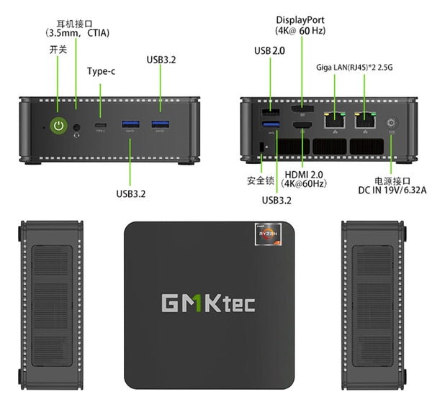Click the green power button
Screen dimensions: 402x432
tap(58, 126)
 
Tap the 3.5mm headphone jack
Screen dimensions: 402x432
tap(77, 127)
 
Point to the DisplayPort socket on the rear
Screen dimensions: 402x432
tap(300, 109)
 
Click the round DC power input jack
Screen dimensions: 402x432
tap(392, 123)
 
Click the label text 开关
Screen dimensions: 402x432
tap(58, 50)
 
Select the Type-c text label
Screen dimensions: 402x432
tap(101, 71)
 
